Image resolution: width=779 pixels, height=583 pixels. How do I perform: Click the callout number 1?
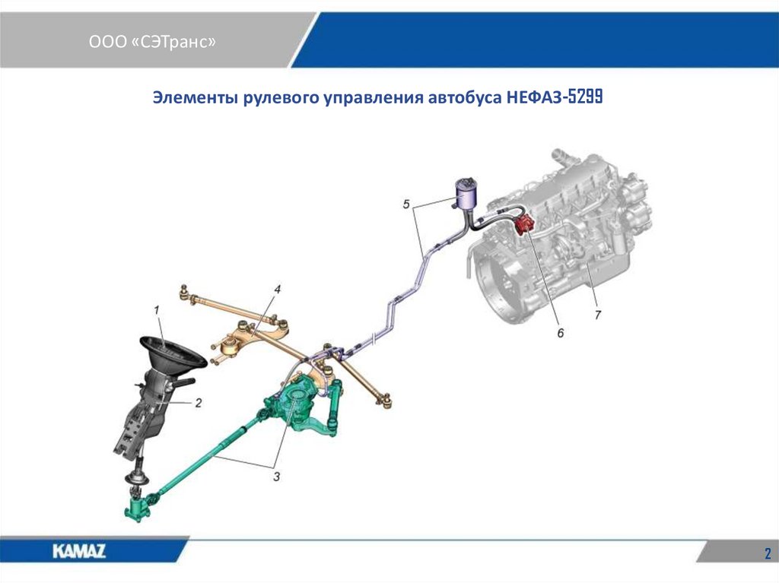coord(156,310)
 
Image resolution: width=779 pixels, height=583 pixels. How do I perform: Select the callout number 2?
coord(198,403)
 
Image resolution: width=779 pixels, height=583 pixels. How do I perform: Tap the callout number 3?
coord(276,477)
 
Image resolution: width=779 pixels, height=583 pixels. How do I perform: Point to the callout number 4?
coord(278,290)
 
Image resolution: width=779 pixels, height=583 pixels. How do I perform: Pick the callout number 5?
coord(407,204)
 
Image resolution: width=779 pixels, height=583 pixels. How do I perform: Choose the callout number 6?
coord(561,333)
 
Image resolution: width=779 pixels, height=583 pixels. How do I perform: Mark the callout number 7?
coord(598,313)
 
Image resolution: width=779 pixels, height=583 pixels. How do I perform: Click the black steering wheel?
coord(173,353)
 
